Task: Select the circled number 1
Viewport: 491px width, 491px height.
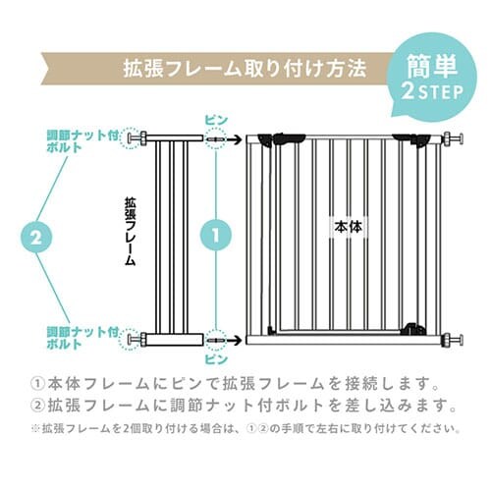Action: tap(215, 237)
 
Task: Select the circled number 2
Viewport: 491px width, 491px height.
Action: tap(34, 237)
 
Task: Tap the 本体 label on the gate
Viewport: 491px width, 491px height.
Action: tap(348, 225)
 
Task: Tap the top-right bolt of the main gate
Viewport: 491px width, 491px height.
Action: tap(452, 139)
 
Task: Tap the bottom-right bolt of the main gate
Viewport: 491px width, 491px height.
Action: tap(452, 340)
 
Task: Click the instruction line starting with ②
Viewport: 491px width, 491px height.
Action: tap(245, 405)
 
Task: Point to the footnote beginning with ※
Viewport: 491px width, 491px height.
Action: tap(245, 428)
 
